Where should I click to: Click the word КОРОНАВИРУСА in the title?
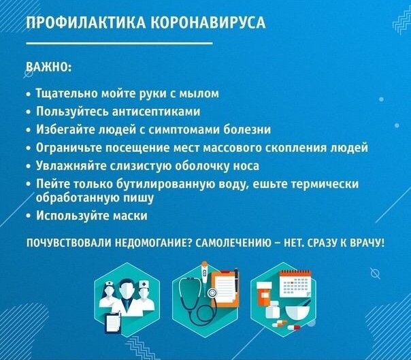(x=209, y=22)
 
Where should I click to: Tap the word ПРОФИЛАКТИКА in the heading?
(x=86, y=22)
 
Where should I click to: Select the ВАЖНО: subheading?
(x=49, y=67)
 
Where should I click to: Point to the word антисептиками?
(x=157, y=112)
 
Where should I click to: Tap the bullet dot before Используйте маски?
(x=29, y=216)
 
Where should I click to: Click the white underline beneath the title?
(x=119, y=43)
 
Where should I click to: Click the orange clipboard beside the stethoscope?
(x=225, y=288)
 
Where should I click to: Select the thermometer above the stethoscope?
(x=204, y=276)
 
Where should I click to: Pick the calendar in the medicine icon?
(x=295, y=284)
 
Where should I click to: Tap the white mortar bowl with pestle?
(x=296, y=312)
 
